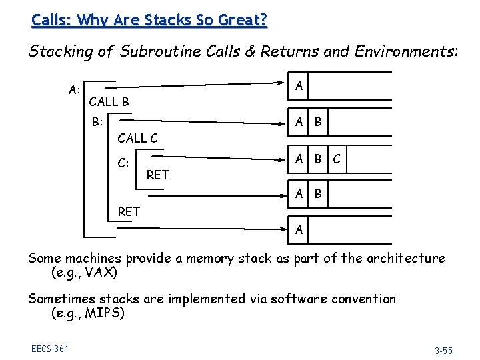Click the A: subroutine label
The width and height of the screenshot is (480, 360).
[75, 89]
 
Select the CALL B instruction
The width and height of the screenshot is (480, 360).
[109, 102]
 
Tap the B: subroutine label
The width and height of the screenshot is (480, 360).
[98, 121]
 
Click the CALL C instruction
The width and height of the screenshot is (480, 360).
[137, 139]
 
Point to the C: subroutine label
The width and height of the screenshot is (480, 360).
[123, 162]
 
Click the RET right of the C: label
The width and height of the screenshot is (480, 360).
[157, 175]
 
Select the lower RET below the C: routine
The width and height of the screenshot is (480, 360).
[129, 211]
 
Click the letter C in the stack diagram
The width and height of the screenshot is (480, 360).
[337, 159]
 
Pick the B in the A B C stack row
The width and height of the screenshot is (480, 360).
[319, 159]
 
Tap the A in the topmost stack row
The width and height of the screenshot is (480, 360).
[299, 85]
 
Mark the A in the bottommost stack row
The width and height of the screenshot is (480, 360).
[299, 230]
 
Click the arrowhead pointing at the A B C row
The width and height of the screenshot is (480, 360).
[283, 159]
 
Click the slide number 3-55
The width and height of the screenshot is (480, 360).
[443, 349]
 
